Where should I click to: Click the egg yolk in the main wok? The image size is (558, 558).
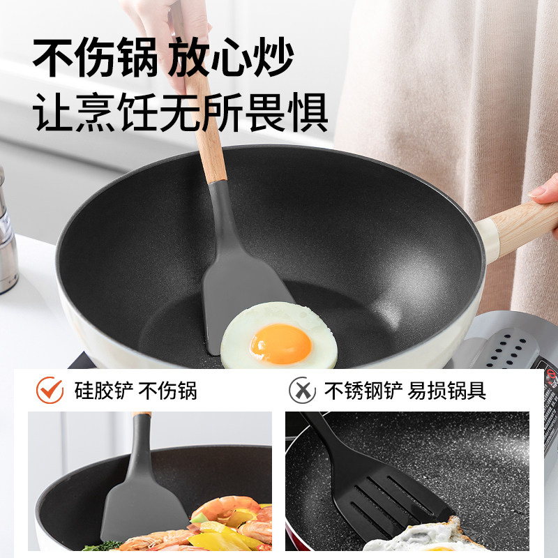(280, 342)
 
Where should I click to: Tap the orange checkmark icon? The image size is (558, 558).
(50, 390)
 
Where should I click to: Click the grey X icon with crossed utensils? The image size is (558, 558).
(302, 390)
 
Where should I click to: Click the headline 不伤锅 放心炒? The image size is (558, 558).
(163, 57)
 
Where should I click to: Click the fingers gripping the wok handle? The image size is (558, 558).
(545, 192)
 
